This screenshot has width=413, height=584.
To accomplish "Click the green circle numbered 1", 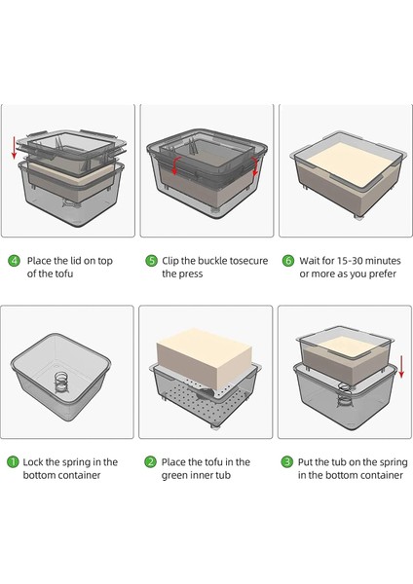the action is coord(13,462).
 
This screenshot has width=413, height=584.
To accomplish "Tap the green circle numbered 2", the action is coord(150,462).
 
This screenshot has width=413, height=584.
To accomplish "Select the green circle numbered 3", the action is coord(287,462).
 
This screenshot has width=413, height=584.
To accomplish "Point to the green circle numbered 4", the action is coord(15,260).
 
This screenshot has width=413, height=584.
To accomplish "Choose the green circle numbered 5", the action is coord(151,260).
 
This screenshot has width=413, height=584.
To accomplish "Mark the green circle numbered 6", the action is coord(287,260).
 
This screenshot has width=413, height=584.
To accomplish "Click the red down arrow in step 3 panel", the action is coord(401,367).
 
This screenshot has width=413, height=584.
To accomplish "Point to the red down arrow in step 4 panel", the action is coord(15,148).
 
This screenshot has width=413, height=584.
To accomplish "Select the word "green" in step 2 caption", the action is coord(174,476).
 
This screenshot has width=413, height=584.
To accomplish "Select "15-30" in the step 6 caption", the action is coord(351,261).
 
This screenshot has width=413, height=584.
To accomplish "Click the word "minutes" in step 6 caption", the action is coord(384,261).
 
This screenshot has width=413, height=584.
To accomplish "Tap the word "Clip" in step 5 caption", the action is coord(169,261).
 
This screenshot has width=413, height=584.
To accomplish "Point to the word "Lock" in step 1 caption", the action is coord(33,462).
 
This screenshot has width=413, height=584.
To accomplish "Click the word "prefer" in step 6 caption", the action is coord(382,274).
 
